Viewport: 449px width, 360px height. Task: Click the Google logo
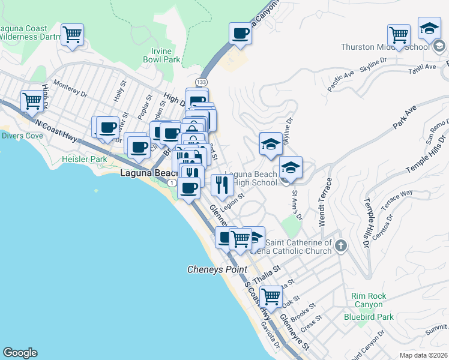[x=20, y=353]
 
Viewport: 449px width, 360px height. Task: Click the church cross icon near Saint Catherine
[x=340, y=245]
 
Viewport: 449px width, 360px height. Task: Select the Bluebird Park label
[x=369, y=316]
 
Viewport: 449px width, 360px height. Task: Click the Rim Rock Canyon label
[x=369, y=301]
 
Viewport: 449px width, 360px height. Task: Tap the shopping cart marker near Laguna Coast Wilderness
[x=72, y=35]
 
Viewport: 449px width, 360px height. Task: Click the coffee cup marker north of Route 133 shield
[x=241, y=34]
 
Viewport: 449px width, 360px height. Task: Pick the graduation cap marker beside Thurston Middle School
[x=429, y=28]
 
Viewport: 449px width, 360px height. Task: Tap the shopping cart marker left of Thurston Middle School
[x=399, y=35]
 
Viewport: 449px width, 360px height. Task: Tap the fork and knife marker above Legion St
[x=222, y=186]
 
